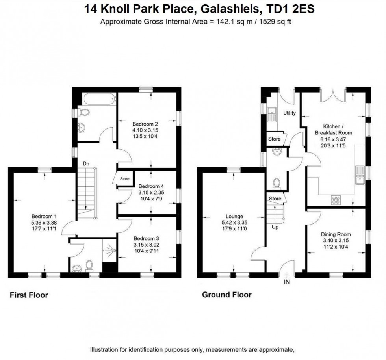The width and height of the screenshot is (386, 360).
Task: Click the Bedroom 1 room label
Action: coord(44,216)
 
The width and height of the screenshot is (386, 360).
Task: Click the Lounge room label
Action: coord(234,216)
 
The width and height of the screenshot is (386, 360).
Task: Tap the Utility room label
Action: coord(289,113)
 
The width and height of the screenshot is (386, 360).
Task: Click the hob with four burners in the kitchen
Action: coord(336,200)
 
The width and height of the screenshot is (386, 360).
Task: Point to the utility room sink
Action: coord(271,114)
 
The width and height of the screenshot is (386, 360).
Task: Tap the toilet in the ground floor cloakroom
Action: coord(277,183)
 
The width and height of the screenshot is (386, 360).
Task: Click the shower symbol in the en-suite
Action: coord(109,250)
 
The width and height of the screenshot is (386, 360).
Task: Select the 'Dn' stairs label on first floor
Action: coord(85,162)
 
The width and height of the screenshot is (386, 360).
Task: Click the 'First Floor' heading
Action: coord(29,295)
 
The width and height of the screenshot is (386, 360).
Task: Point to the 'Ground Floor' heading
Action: coord(226,295)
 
